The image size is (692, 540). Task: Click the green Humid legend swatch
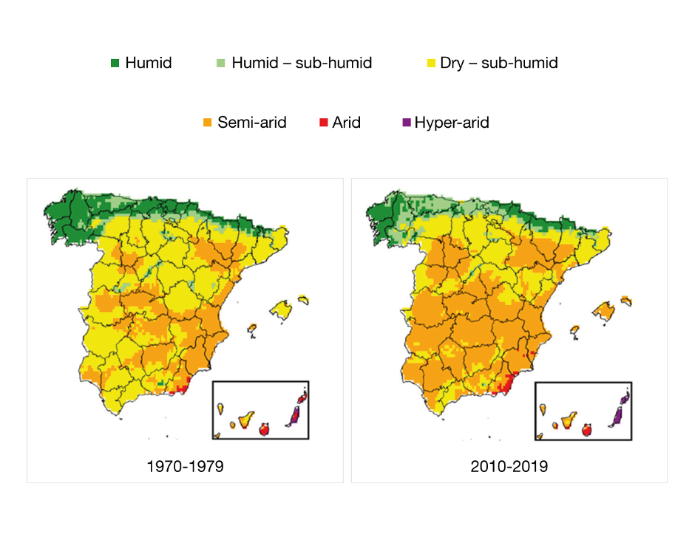pyautogui.click(x=115, y=63)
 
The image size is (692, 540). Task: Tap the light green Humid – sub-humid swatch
pyautogui.click(x=220, y=63)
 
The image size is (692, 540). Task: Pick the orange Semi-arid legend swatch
pyautogui.click(x=207, y=123)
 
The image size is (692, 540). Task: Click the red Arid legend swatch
pyautogui.click(x=322, y=123)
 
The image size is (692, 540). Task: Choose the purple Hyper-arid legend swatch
pyautogui.click(x=405, y=123)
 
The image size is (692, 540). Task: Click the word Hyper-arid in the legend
pyautogui.click(x=452, y=123)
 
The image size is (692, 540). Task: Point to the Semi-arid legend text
pyautogui.click(x=251, y=123)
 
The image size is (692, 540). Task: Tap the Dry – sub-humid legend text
pyautogui.click(x=499, y=63)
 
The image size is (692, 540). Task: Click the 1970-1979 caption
pyautogui.click(x=185, y=467)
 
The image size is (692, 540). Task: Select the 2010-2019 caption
pyautogui.click(x=509, y=467)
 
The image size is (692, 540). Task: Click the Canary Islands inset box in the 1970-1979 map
pyautogui.click(x=260, y=410)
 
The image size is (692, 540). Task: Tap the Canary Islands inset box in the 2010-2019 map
pyautogui.click(x=583, y=411)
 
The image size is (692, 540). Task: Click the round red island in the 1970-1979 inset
pyautogui.click(x=265, y=428)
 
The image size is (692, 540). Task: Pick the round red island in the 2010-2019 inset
pyautogui.click(x=588, y=428)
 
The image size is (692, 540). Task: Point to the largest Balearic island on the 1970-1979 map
pyautogui.click(x=281, y=307)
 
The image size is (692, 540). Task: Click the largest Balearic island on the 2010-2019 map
pyautogui.click(x=604, y=311)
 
